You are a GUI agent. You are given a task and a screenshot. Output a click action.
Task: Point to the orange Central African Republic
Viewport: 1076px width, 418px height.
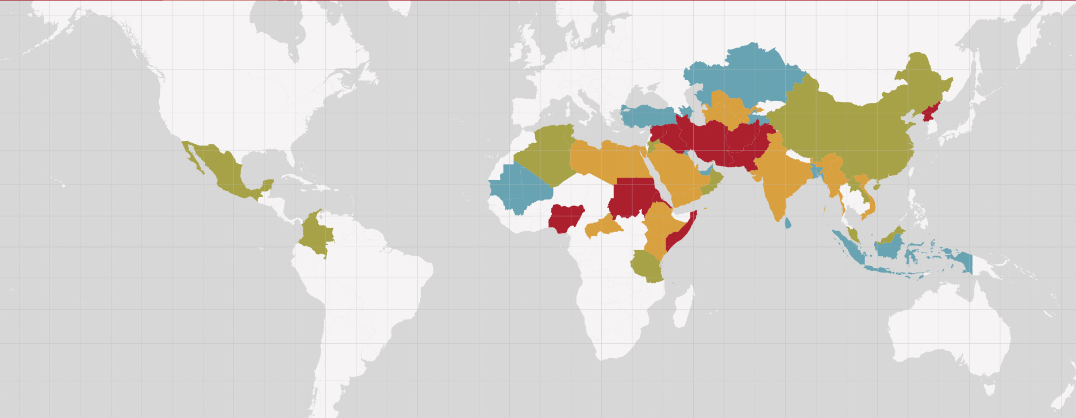click(604, 226)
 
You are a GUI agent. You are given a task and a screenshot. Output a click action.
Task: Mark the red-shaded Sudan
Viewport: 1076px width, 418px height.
click(632, 195)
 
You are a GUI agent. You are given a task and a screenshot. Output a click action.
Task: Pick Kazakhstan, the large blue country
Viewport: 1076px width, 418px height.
click(747, 75)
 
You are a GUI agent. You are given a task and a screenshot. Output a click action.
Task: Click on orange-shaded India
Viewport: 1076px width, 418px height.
click(776, 178)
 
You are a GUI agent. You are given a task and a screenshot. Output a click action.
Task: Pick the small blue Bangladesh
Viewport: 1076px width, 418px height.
click(816, 170)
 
